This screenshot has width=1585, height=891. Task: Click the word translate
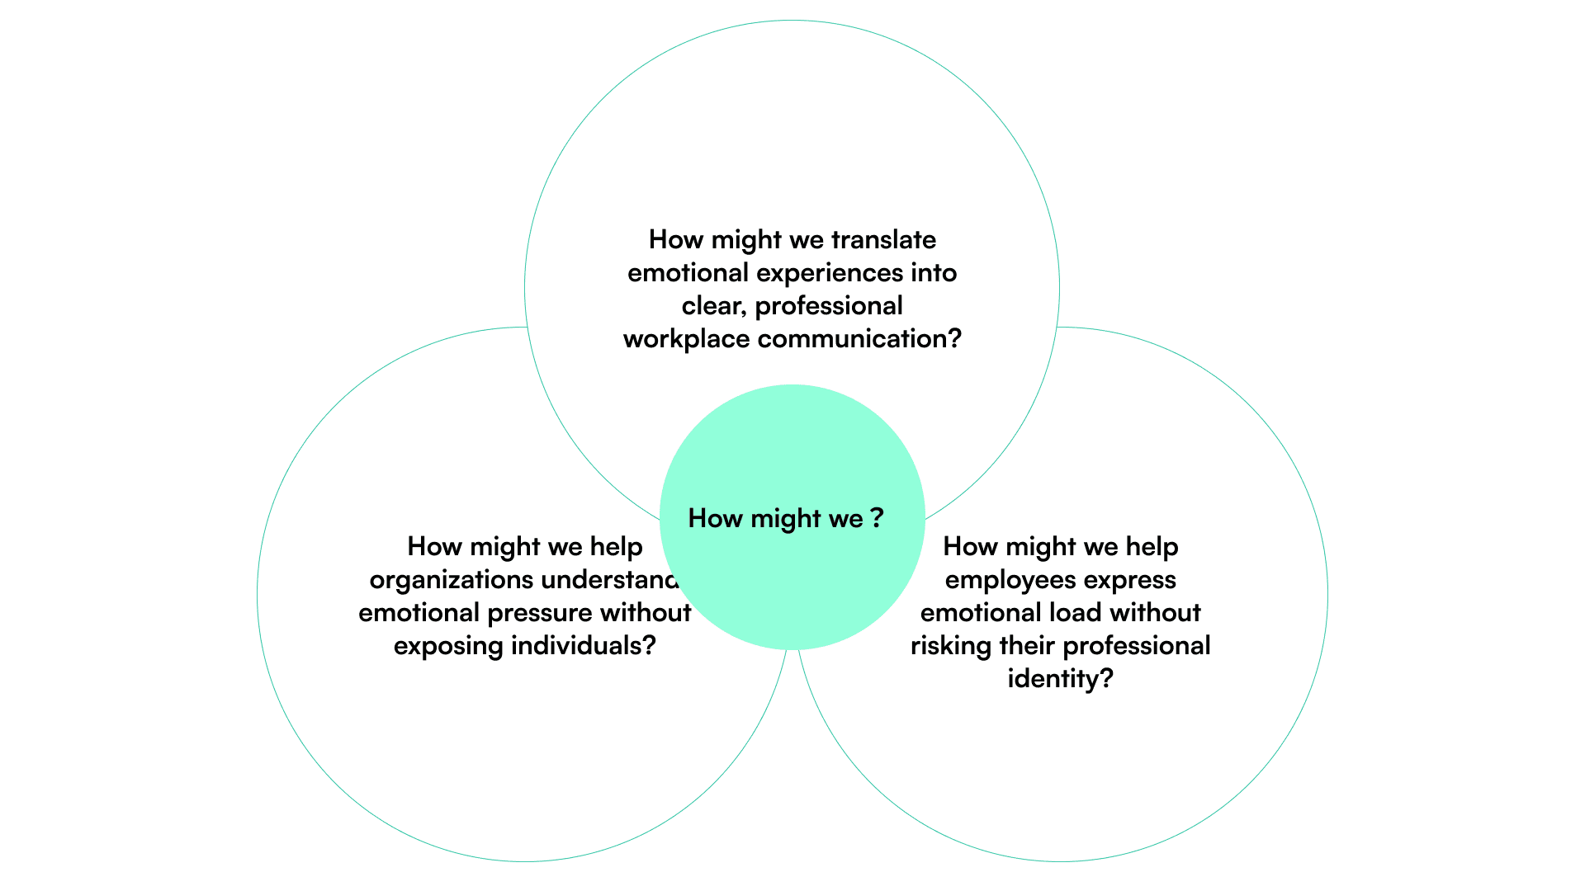click(883, 240)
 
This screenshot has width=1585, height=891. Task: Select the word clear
click(712, 306)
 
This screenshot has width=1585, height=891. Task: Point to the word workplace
click(686, 339)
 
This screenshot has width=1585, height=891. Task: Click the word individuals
click(579, 646)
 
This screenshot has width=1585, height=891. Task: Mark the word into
click(934, 273)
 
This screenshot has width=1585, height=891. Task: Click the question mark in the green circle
click(877, 518)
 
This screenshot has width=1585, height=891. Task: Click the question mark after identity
click(1106, 679)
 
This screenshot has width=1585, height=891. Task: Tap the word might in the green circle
click(786, 519)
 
